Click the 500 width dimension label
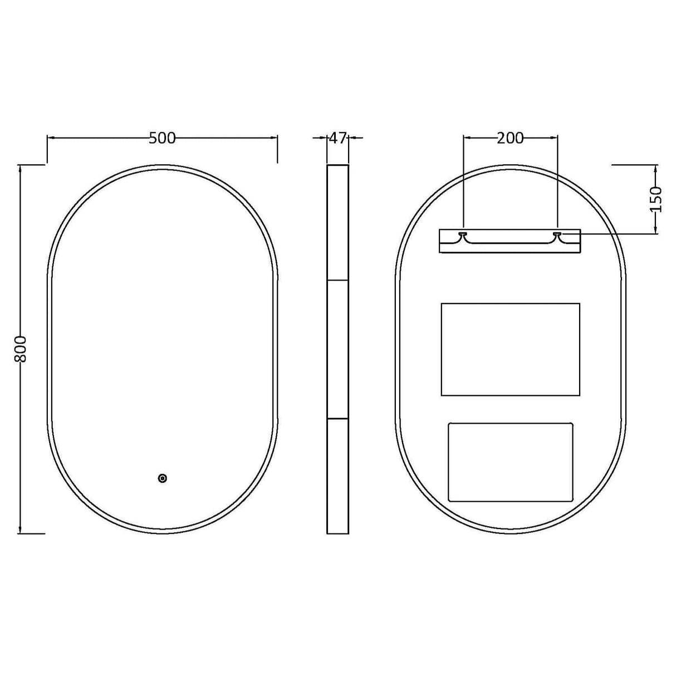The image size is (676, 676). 162,138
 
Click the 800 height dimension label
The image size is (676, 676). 21,349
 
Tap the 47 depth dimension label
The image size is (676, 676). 337,138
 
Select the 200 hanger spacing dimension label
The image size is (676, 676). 510,138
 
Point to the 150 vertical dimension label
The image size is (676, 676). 657,199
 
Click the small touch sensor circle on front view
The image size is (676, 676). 163,478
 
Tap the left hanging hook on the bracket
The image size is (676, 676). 463,236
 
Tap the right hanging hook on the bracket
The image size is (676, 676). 557,236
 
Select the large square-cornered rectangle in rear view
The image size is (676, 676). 510,349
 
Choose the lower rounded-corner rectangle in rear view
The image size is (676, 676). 510,462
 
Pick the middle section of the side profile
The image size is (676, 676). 337,349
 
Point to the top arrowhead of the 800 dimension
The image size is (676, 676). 21,168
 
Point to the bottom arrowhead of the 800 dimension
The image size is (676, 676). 21,530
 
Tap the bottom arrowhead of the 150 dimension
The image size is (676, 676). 657,231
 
